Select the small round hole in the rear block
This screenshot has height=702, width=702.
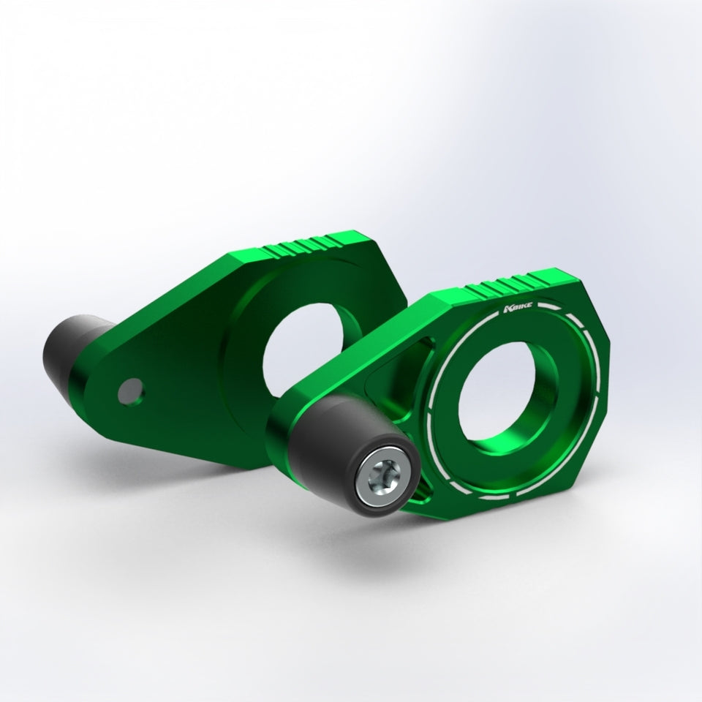[x=130, y=391]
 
